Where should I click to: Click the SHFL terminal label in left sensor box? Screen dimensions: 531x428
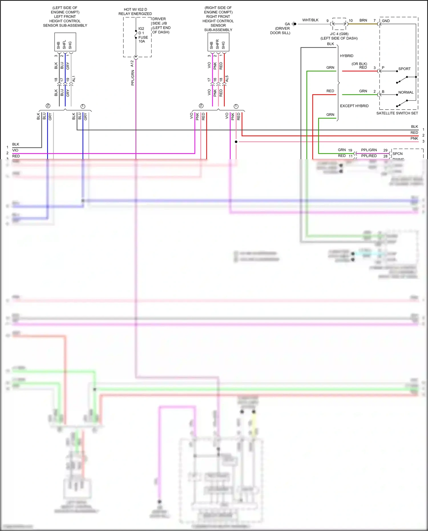(64, 44)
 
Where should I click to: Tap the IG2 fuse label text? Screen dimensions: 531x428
(141, 29)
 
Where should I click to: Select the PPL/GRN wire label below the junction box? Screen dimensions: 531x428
(133, 78)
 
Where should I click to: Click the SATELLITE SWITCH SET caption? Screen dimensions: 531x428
(397, 113)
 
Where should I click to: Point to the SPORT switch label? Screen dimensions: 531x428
(404, 69)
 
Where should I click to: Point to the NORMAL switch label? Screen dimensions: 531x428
(406, 92)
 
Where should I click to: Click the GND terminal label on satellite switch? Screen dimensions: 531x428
(386, 21)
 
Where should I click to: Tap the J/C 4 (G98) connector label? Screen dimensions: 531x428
(339, 34)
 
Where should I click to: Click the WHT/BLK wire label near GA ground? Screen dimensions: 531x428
(310, 20)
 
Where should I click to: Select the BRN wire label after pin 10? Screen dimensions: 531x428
(363, 20)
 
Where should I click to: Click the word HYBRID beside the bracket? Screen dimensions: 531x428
(346, 56)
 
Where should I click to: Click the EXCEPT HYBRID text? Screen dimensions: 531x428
(354, 106)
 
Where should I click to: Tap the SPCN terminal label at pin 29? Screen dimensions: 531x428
(397, 154)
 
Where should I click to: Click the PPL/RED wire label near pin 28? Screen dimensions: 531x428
(369, 156)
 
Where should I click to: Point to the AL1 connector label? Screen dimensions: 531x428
(74, 79)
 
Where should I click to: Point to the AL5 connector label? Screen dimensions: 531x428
(227, 79)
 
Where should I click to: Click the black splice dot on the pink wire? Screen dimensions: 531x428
(236, 142)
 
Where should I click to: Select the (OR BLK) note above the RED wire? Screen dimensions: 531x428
(359, 64)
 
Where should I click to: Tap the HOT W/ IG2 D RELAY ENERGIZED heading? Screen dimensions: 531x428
(135, 12)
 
